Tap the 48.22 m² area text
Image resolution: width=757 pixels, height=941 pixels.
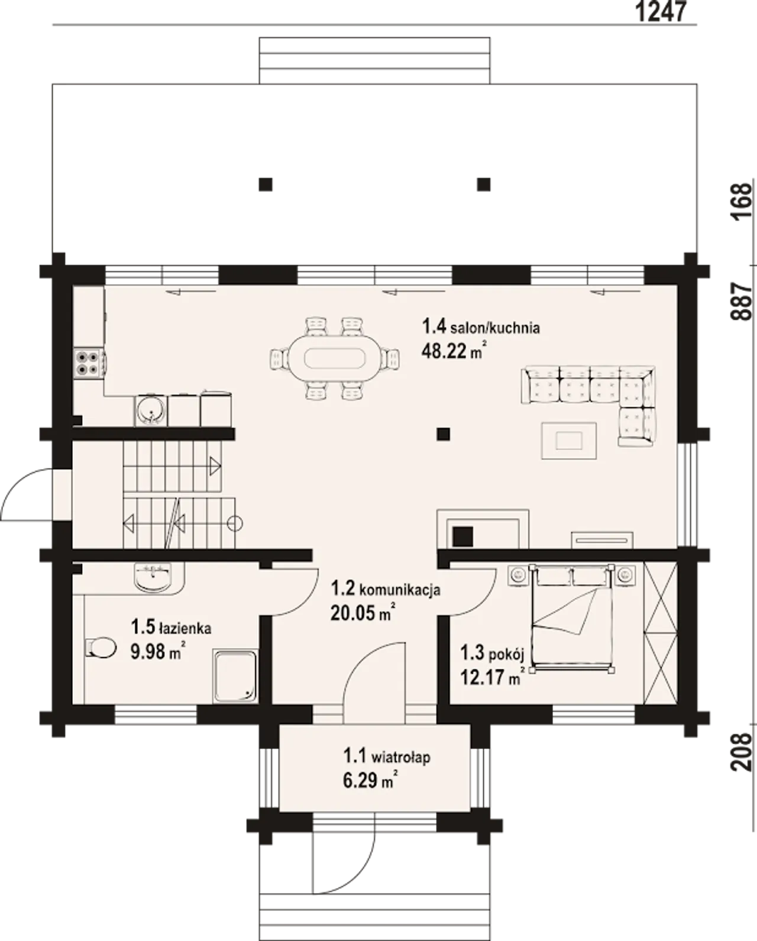coord(454,350)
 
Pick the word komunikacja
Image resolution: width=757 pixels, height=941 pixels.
coord(399,590)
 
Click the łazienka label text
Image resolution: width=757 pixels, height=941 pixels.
coord(185,628)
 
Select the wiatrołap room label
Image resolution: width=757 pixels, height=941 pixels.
coord(400,756)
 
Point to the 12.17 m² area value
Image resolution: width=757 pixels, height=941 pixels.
coord(493,678)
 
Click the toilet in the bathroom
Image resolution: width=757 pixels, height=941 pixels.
coord(100,647)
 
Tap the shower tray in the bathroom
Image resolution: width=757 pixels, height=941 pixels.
coord(235,676)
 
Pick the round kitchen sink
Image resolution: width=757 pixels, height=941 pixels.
coord(150,410)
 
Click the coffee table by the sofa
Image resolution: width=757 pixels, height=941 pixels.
coord(569,440)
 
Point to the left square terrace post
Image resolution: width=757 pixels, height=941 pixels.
coord(266,184)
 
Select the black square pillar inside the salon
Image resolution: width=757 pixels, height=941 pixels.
coord(444,434)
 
